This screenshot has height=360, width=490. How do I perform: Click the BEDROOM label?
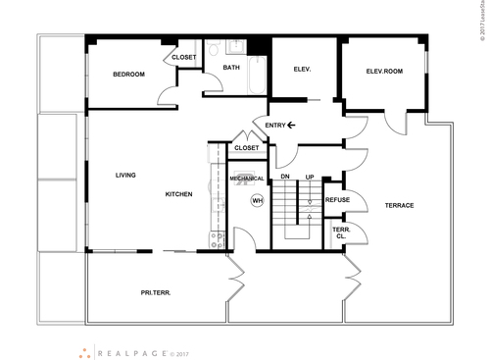click(x=128, y=75)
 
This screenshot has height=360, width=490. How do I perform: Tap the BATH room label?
click(x=231, y=68)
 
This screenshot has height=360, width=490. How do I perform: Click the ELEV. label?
click(x=302, y=69)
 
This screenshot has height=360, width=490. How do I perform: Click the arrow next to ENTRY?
click(x=291, y=126)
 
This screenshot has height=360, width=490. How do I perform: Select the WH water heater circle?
click(x=258, y=200)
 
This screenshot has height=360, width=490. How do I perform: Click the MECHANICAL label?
click(x=248, y=180)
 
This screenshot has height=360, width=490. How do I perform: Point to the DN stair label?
click(x=285, y=177)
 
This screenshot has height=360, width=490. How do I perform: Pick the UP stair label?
click(x=310, y=177)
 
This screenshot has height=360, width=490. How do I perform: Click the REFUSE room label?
click(x=337, y=200)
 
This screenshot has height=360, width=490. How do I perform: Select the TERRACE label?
click(x=399, y=205)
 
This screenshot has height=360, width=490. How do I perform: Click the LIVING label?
click(x=124, y=176)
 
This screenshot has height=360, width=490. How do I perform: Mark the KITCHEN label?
click(x=178, y=194)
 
